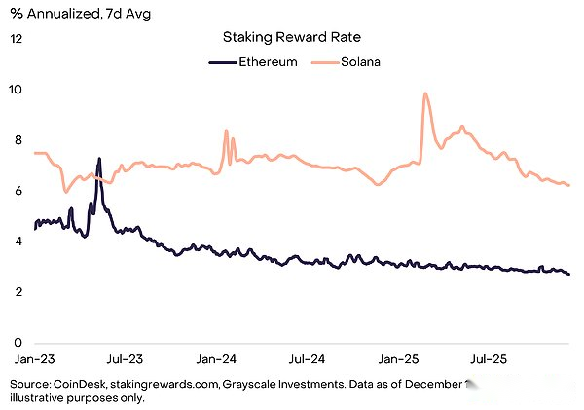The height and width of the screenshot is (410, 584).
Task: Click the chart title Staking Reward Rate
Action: click(x=290, y=38)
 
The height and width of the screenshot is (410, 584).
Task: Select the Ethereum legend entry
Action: click(x=258, y=63)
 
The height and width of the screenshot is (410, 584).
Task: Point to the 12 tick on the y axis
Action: click(x=17, y=38)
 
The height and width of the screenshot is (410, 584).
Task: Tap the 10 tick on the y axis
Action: click(x=17, y=89)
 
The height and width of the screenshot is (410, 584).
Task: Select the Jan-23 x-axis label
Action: click(x=34, y=359)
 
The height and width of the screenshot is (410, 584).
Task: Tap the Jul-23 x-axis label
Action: click(x=124, y=359)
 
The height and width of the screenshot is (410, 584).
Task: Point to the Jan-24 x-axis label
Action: click(x=215, y=359)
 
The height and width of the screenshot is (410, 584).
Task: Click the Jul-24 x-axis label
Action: click(x=305, y=359)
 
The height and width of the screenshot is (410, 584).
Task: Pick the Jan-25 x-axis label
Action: click(x=396, y=359)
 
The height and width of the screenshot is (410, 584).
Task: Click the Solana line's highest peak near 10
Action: click(x=425, y=93)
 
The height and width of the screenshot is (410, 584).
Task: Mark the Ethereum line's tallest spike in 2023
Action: click(x=99, y=159)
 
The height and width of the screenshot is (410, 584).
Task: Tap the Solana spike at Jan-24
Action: click(x=226, y=130)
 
